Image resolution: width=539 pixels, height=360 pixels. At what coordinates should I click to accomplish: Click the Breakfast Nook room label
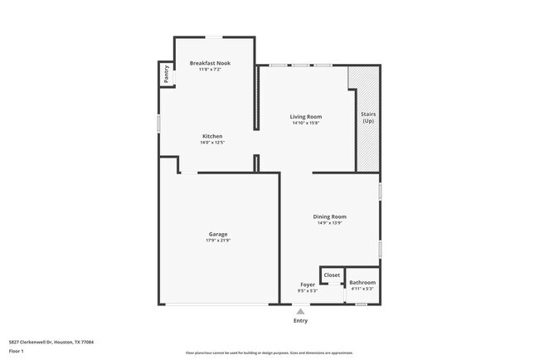pyautogui.click(x=210, y=63)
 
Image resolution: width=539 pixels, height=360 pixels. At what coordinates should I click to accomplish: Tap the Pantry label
pyautogui.click(x=167, y=74)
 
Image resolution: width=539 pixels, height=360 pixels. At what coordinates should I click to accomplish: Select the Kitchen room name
pyautogui.click(x=212, y=136)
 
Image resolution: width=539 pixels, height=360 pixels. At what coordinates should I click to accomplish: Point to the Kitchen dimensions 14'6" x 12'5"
pyautogui.click(x=212, y=143)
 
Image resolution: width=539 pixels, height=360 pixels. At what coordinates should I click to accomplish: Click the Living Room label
pyautogui.click(x=305, y=117)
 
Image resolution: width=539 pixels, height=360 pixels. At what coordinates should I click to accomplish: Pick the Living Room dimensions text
pyautogui.click(x=305, y=124)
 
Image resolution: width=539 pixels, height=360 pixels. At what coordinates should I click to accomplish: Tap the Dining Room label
pyautogui.click(x=329, y=216)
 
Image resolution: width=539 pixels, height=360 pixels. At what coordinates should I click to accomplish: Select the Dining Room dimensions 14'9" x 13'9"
pyautogui.click(x=329, y=223)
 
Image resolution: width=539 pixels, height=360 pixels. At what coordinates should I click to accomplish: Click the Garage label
pyautogui.click(x=218, y=234)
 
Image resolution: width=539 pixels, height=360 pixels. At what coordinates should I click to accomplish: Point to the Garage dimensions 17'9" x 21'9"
pyautogui.click(x=218, y=241)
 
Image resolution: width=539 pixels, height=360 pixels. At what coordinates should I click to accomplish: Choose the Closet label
pyautogui.click(x=332, y=275)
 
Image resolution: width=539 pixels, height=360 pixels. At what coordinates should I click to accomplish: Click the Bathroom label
pyautogui.click(x=362, y=283)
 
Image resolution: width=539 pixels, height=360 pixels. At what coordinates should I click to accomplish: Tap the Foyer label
pyautogui.click(x=307, y=284)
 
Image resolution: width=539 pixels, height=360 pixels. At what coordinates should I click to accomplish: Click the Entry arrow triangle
pyautogui.click(x=300, y=312)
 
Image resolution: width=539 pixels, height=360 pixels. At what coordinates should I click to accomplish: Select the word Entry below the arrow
pyautogui.click(x=300, y=321)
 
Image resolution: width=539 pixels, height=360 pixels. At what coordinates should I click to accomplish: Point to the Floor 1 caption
pyautogui.click(x=17, y=351)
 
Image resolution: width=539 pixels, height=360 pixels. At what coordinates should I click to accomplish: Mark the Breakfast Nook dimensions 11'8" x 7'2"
pyautogui.click(x=210, y=70)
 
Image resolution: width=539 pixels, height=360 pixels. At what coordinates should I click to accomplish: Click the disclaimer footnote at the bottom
pyautogui.click(x=269, y=353)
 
